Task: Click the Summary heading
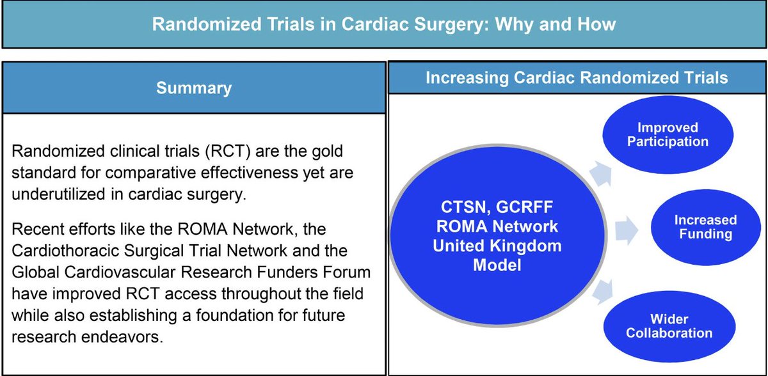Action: coord(194,88)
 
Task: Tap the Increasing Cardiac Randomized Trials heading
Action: coord(577,78)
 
